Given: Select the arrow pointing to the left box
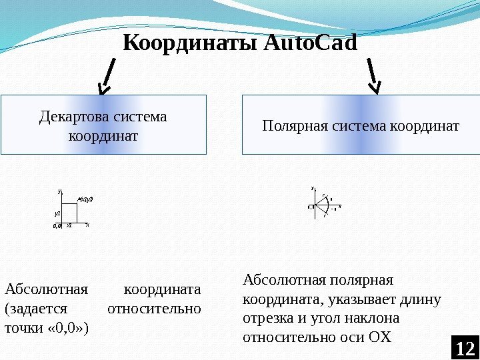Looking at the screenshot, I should pyautogui.click(x=107, y=76).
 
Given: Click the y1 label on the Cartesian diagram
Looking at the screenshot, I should pyautogui.click(x=57, y=213).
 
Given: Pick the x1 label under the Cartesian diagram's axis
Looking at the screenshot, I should pyautogui.click(x=69, y=226).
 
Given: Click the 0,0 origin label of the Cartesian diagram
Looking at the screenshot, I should pyautogui.click(x=57, y=226).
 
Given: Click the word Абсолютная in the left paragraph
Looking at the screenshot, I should pyautogui.click(x=46, y=290).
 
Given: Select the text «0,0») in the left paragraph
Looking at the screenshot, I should pyautogui.click(x=69, y=329).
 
